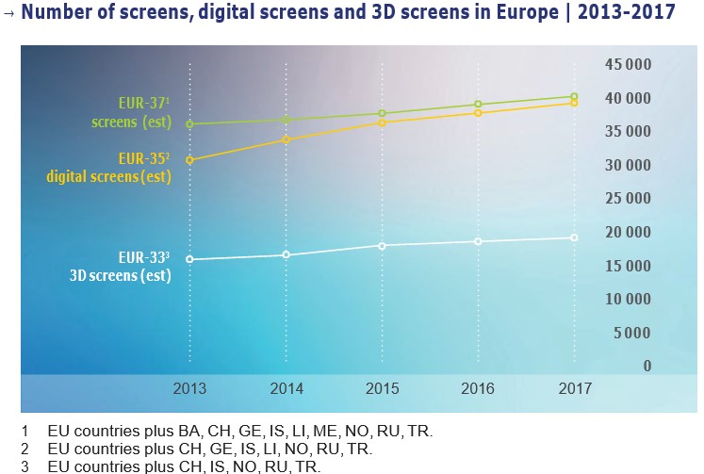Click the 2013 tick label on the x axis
click(189, 387)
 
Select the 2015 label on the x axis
click(382, 387)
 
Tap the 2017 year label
click(574, 387)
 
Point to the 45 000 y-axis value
click(627, 64)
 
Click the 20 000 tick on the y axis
click(627, 232)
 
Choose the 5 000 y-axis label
click(631, 333)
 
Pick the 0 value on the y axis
click(647, 366)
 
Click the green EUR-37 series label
click(132, 113)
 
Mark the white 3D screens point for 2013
click(189, 259)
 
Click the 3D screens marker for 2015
click(382, 245)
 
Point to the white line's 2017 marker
click(574, 237)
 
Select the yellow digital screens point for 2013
click(189, 160)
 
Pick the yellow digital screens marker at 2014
click(286, 139)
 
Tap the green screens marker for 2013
click(189, 124)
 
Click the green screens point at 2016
click(478, 105)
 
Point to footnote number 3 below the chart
click(25, 466)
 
